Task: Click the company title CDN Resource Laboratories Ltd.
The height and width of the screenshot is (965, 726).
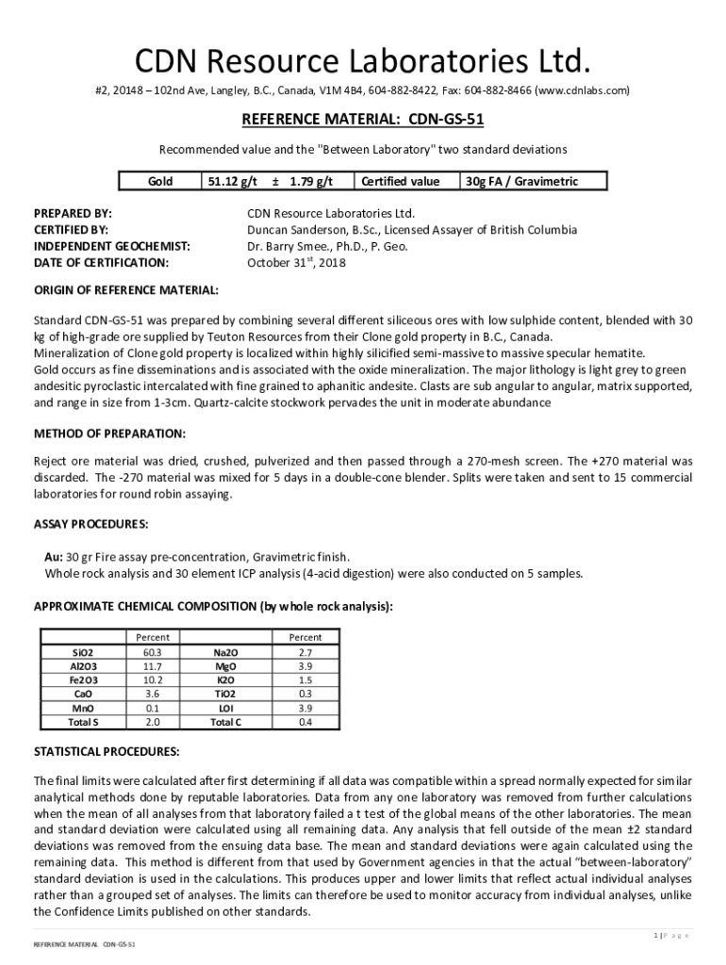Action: tap(363, 62)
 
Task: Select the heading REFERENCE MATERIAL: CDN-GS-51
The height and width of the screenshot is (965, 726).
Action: tap(363, 121)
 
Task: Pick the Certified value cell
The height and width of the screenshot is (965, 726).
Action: tap(400, 181)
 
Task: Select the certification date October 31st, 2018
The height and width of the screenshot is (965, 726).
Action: tap(296, 263)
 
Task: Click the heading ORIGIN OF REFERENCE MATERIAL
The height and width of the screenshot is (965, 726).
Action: tap(126, 289)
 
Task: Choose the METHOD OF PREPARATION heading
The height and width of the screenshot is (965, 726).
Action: tap(109, 433)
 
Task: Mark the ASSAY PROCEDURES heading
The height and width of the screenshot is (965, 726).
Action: tap(91, 523)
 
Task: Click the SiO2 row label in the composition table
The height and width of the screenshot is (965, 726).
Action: tap(83, 652)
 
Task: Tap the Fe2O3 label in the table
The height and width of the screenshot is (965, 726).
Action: tap(83, 679)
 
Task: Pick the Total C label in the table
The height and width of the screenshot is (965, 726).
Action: tap(225, 722)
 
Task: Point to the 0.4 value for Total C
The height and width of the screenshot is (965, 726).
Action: tap(305, 722)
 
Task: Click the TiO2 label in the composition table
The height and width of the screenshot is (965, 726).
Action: tap(225, 694)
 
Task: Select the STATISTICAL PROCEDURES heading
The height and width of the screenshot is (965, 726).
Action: tap(107, 752)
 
